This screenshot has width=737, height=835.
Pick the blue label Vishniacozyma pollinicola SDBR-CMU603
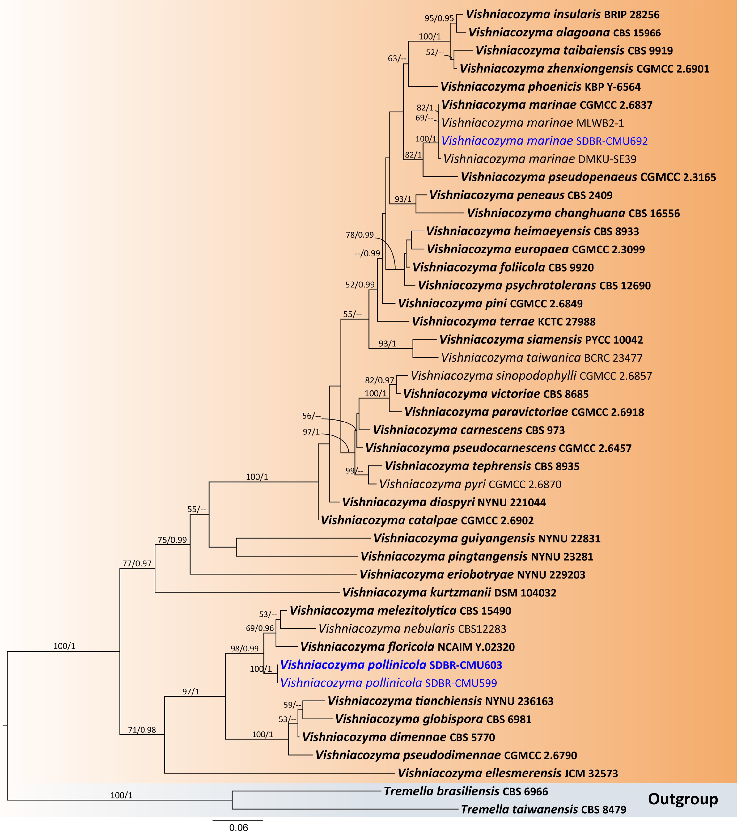391,665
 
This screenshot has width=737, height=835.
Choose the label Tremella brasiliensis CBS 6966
466,791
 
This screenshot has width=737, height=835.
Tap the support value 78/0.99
360,235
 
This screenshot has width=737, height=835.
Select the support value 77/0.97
137,564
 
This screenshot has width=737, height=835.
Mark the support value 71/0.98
142,730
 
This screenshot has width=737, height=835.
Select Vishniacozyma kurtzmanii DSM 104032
449,593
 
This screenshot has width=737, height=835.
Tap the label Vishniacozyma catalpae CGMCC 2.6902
427,520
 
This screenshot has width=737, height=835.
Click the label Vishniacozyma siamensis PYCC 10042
541,340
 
